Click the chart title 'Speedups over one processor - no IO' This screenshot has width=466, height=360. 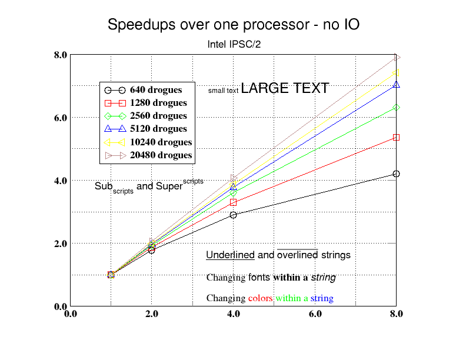point(234,25)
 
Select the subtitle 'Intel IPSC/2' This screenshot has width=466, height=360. point(234,45)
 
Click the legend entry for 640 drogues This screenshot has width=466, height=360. point(156,90)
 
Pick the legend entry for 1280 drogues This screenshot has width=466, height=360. point(158,103)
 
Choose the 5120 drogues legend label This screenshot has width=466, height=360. point(158,129)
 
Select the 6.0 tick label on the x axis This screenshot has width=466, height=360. point(315,314)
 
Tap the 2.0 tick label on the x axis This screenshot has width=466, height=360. point(152,314)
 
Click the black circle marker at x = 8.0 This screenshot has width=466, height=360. point(397,174)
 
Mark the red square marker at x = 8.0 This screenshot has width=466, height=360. point(397,137)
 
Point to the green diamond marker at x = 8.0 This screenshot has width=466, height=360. point(397,108)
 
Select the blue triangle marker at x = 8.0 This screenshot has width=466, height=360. point(397,85)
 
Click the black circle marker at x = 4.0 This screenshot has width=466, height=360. point(234,215)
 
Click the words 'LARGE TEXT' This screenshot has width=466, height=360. point(285,88)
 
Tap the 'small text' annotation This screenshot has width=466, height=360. point(223,91)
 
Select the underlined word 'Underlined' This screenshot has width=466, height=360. point(230,255)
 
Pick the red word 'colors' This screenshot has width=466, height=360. point(260,298)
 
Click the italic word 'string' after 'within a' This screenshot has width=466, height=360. point(323,277)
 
